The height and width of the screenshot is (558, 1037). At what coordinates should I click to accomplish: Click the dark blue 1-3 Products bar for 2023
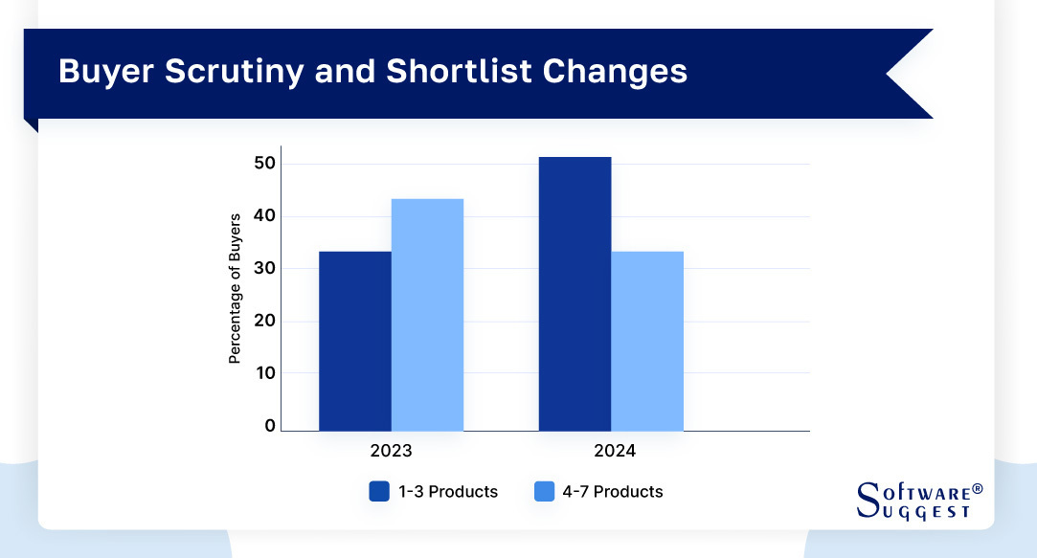click(x=354, y=341)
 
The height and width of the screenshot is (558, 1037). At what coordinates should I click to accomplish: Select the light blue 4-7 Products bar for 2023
click(x=427, y=315)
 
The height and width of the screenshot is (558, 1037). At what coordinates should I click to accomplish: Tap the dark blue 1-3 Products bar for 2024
click(x=575, y=294)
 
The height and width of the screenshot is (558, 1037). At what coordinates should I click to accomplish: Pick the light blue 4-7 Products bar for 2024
click(x=647, y=341)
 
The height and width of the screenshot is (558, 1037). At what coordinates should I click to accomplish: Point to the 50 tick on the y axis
click(x=264, y=164)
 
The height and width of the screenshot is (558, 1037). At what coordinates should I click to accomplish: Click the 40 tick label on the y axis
click(x=264, y=216)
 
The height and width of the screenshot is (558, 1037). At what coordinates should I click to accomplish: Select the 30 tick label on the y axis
click(x=264, y=269)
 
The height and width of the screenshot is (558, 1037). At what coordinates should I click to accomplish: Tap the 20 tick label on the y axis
click(x=264, y=321)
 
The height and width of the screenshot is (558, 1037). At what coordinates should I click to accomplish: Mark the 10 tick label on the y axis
click(x=264, y=373)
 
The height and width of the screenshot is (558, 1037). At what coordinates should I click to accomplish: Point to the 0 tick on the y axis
click(x=270, y=426)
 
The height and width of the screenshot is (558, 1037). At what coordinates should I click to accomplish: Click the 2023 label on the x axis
click(x=391, y=451)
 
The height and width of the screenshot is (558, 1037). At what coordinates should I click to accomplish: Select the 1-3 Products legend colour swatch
click(x=379, y=492)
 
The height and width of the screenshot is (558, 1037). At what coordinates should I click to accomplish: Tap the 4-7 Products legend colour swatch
click(x=544, y=492)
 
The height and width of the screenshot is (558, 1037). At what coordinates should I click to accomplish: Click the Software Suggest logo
click(x=914, y=501)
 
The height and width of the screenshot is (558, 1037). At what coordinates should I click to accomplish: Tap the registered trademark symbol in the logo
click(x=977, y=489)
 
